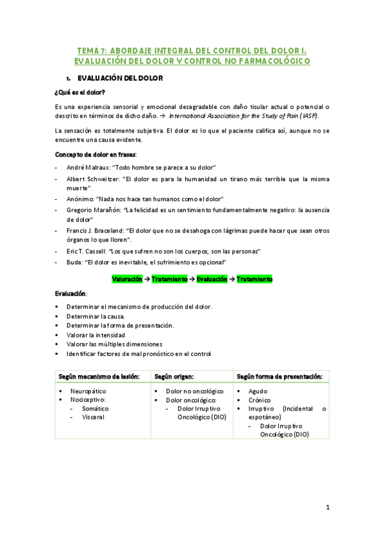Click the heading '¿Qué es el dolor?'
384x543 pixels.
tap(80, 92)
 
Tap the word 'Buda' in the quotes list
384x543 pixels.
tap(74, 263)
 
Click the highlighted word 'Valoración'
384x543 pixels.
tap(128, 279)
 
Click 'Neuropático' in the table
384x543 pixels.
tap(88, 391)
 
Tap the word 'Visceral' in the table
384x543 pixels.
tap(93, 417)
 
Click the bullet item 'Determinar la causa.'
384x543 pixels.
tap(96, 316)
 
